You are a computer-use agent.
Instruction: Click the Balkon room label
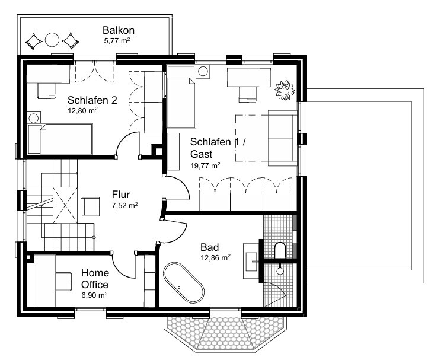[119, 30]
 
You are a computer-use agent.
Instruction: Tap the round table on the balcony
[52, 40]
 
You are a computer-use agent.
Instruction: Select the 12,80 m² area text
[83, 110]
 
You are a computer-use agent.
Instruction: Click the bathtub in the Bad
[184, 282]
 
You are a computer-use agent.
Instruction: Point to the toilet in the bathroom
[280, 250]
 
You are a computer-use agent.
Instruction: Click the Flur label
[121, 195]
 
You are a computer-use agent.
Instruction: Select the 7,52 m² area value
[124, 205]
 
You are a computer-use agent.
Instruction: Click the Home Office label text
[95, 278]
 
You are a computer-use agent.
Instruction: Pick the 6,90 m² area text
[94, 295]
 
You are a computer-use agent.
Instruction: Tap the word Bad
[210, 247]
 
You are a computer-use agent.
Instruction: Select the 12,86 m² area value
[216, 257]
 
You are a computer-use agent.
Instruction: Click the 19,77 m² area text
[205, 165]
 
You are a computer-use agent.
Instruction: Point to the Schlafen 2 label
[92, 100]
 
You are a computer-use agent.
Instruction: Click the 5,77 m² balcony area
[117, 41]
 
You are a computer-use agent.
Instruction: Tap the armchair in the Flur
[91, 206]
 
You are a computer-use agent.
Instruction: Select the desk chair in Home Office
[64, 281]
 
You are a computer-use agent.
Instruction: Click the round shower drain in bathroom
[280, 272]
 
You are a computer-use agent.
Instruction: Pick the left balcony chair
[34, 42]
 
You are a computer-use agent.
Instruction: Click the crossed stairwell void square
[65, 205]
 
